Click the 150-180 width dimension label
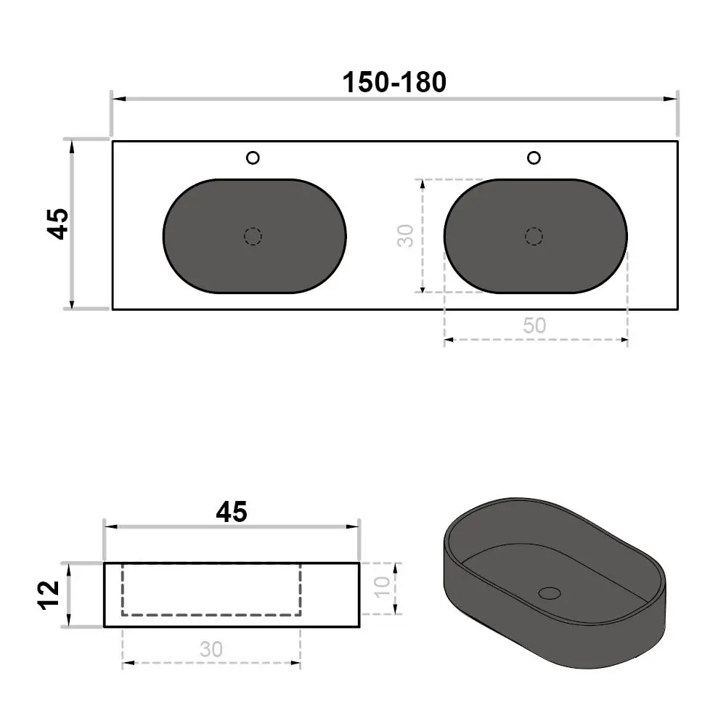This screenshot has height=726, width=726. [x=394, y=83]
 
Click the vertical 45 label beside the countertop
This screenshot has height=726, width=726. [x=58, y=224]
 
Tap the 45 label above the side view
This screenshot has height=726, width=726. [x=232, y=512]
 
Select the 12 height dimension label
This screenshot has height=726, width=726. [x=49, y=595]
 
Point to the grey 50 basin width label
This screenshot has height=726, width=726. [x=534, y=325]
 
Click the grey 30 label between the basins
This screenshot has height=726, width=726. [x=405, y=236]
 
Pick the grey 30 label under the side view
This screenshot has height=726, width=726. [x=211, y=649]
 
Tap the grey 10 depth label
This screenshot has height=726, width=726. [x=382, y=587]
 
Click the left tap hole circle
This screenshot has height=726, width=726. [x=253, y=158]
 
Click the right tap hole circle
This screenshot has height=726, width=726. [x=534, y=158]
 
